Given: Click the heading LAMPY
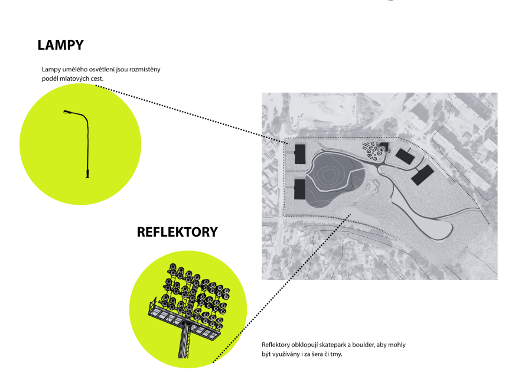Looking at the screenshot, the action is (60, 45).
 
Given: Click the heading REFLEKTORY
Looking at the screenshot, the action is (177, 232).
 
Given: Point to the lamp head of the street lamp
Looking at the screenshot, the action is (67, 112).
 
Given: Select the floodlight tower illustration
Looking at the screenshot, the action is (189, 310).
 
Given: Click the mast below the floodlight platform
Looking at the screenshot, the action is (185, 340).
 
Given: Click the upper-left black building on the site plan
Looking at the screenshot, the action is (300, 154).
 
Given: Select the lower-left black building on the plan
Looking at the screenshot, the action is (299, 189).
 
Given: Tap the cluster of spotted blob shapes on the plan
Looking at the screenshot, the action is (373, 152).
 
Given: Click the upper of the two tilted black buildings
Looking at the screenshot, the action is (405, 156).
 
